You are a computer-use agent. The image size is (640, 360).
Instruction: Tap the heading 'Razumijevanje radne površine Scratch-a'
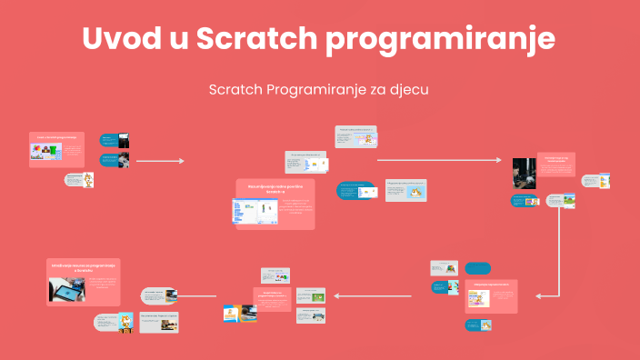click(274, 187)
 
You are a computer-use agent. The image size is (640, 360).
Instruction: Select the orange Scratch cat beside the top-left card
click(89, 180)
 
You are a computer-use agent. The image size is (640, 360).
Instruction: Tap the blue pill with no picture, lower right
click(478, 269)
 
